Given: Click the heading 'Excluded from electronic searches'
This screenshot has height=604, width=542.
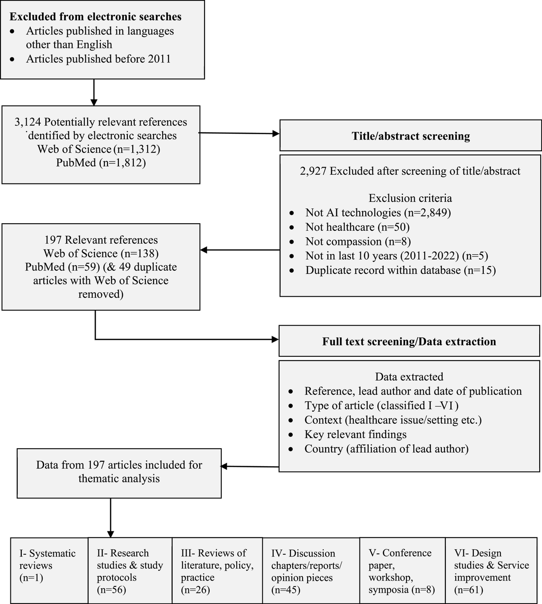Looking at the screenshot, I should pyautogui.click(x=95, y=17).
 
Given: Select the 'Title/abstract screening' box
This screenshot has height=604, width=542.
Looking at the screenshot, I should pyautogui.click(x=411, y=136).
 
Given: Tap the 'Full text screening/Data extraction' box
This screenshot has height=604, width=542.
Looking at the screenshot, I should pyautogui.click(x=409, y=342).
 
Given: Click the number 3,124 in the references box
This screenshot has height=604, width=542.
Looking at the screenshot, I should pyautogui.click(x=28, y=122).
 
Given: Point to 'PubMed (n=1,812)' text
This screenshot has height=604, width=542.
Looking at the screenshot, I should pyautogui.click(x=101, y=163).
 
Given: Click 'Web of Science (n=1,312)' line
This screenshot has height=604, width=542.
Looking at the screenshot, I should pyautogui.click(x=99, y=149).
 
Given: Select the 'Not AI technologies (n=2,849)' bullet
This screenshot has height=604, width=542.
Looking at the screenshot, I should pyautogui.click(x=378, y=212).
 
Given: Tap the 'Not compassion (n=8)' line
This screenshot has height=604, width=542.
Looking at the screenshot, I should pyautogui.click(x=358, y=241).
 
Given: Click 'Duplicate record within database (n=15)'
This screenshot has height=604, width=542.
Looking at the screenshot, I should pyautogui.click(x=400, y=270).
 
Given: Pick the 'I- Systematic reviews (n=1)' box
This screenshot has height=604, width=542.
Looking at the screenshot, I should pyautogui.click(x=49, y=570).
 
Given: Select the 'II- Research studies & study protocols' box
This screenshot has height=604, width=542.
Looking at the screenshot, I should pyautogui.click(x=130, y=571).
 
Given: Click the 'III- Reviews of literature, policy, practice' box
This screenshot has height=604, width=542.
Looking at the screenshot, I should pyautogui.click(x=217, y=571).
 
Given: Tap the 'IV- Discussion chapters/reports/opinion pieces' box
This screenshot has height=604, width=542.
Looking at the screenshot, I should pyautogui.click(x=311, y=571).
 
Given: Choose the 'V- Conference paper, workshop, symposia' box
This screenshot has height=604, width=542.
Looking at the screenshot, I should pyautogui.click(x=402, y=571).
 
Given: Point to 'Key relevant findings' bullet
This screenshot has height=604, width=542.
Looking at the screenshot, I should pyautogui.click(x=355, y=435).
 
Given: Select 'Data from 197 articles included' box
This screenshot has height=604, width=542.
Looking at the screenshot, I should pyautogui.click(x=119, y=472).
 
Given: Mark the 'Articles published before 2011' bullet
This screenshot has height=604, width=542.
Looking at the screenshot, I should pyautogui.click(x=98, y=59).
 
